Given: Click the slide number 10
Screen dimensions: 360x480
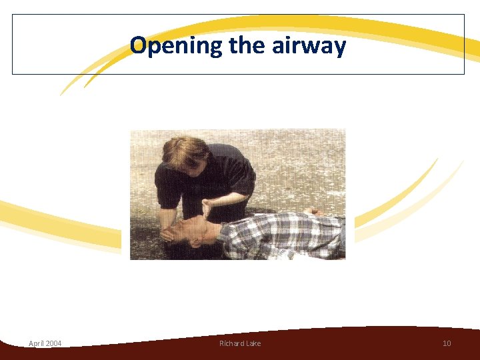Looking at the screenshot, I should click(x=447, y=343).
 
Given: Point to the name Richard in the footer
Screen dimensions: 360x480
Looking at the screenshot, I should click(x=231, y=343).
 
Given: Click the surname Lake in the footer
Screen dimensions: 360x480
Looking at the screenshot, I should click(x=253, y=343).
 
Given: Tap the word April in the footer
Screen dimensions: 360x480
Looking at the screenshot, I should click(x=37, y=343).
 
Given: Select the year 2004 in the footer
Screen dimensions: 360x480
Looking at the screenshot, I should click(x=54, y=343).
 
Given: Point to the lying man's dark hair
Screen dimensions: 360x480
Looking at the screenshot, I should click(x=183, y=249).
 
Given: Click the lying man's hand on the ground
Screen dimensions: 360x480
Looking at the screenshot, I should click(x=312, y=212).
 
